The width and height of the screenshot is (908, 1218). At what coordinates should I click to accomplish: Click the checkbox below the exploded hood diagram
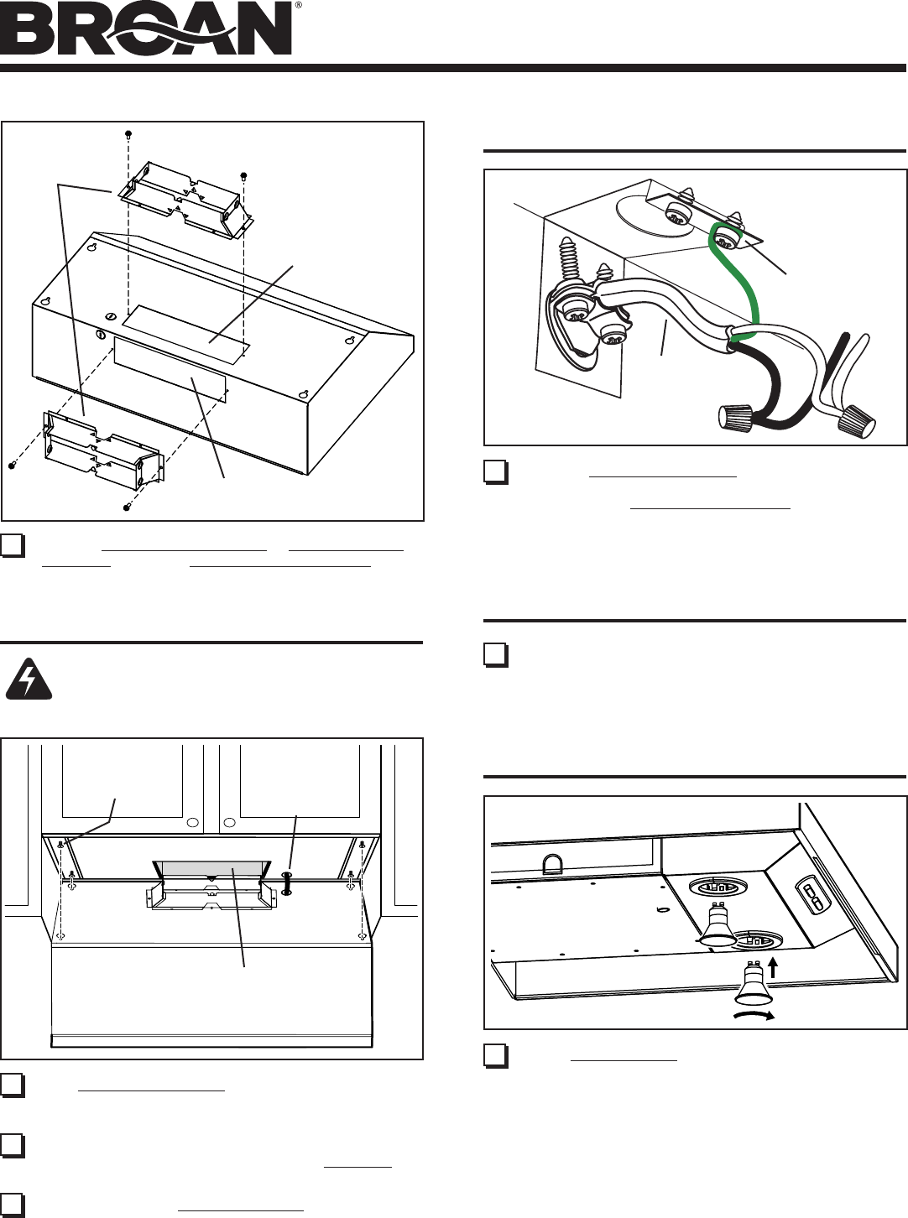(x=12, y=545)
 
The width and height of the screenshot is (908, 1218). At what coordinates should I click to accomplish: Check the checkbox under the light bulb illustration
(x=495, y=1054)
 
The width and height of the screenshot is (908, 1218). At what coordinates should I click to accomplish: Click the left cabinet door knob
(x=192, y=823)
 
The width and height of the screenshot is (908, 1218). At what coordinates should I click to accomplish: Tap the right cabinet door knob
(x=229, y=823)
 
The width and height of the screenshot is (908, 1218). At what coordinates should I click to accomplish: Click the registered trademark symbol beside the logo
(x=298, y=5)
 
